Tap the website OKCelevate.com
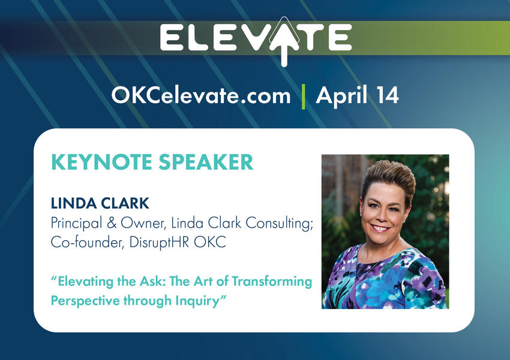(200, 95)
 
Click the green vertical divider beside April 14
(303, 96)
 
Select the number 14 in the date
(388, 95)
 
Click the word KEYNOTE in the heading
(102, 162)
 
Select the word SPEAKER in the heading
(206, 162)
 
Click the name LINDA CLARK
(100, 203)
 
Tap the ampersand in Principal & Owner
(112, 223)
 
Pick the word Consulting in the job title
(279, 224)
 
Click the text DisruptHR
(159, 242)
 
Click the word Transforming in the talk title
(272, 281)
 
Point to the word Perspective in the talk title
(86, 301)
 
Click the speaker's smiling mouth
(380, 228)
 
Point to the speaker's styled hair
(389, 178)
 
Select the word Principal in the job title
(76, 224)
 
